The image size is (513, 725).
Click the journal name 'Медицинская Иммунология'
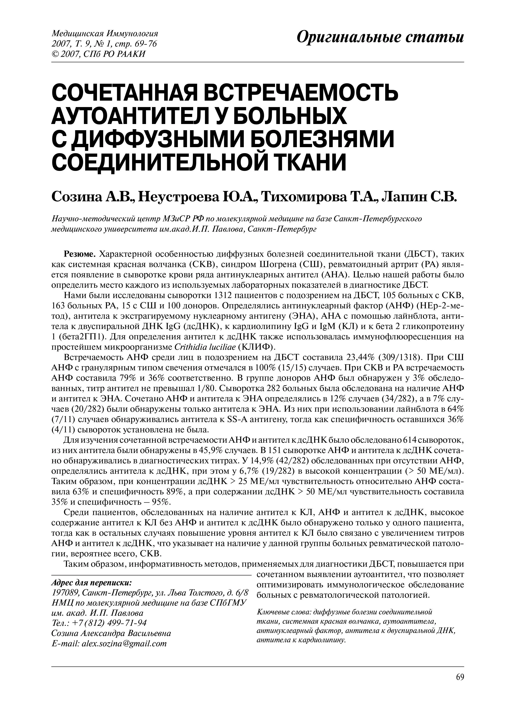(105, 33)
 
